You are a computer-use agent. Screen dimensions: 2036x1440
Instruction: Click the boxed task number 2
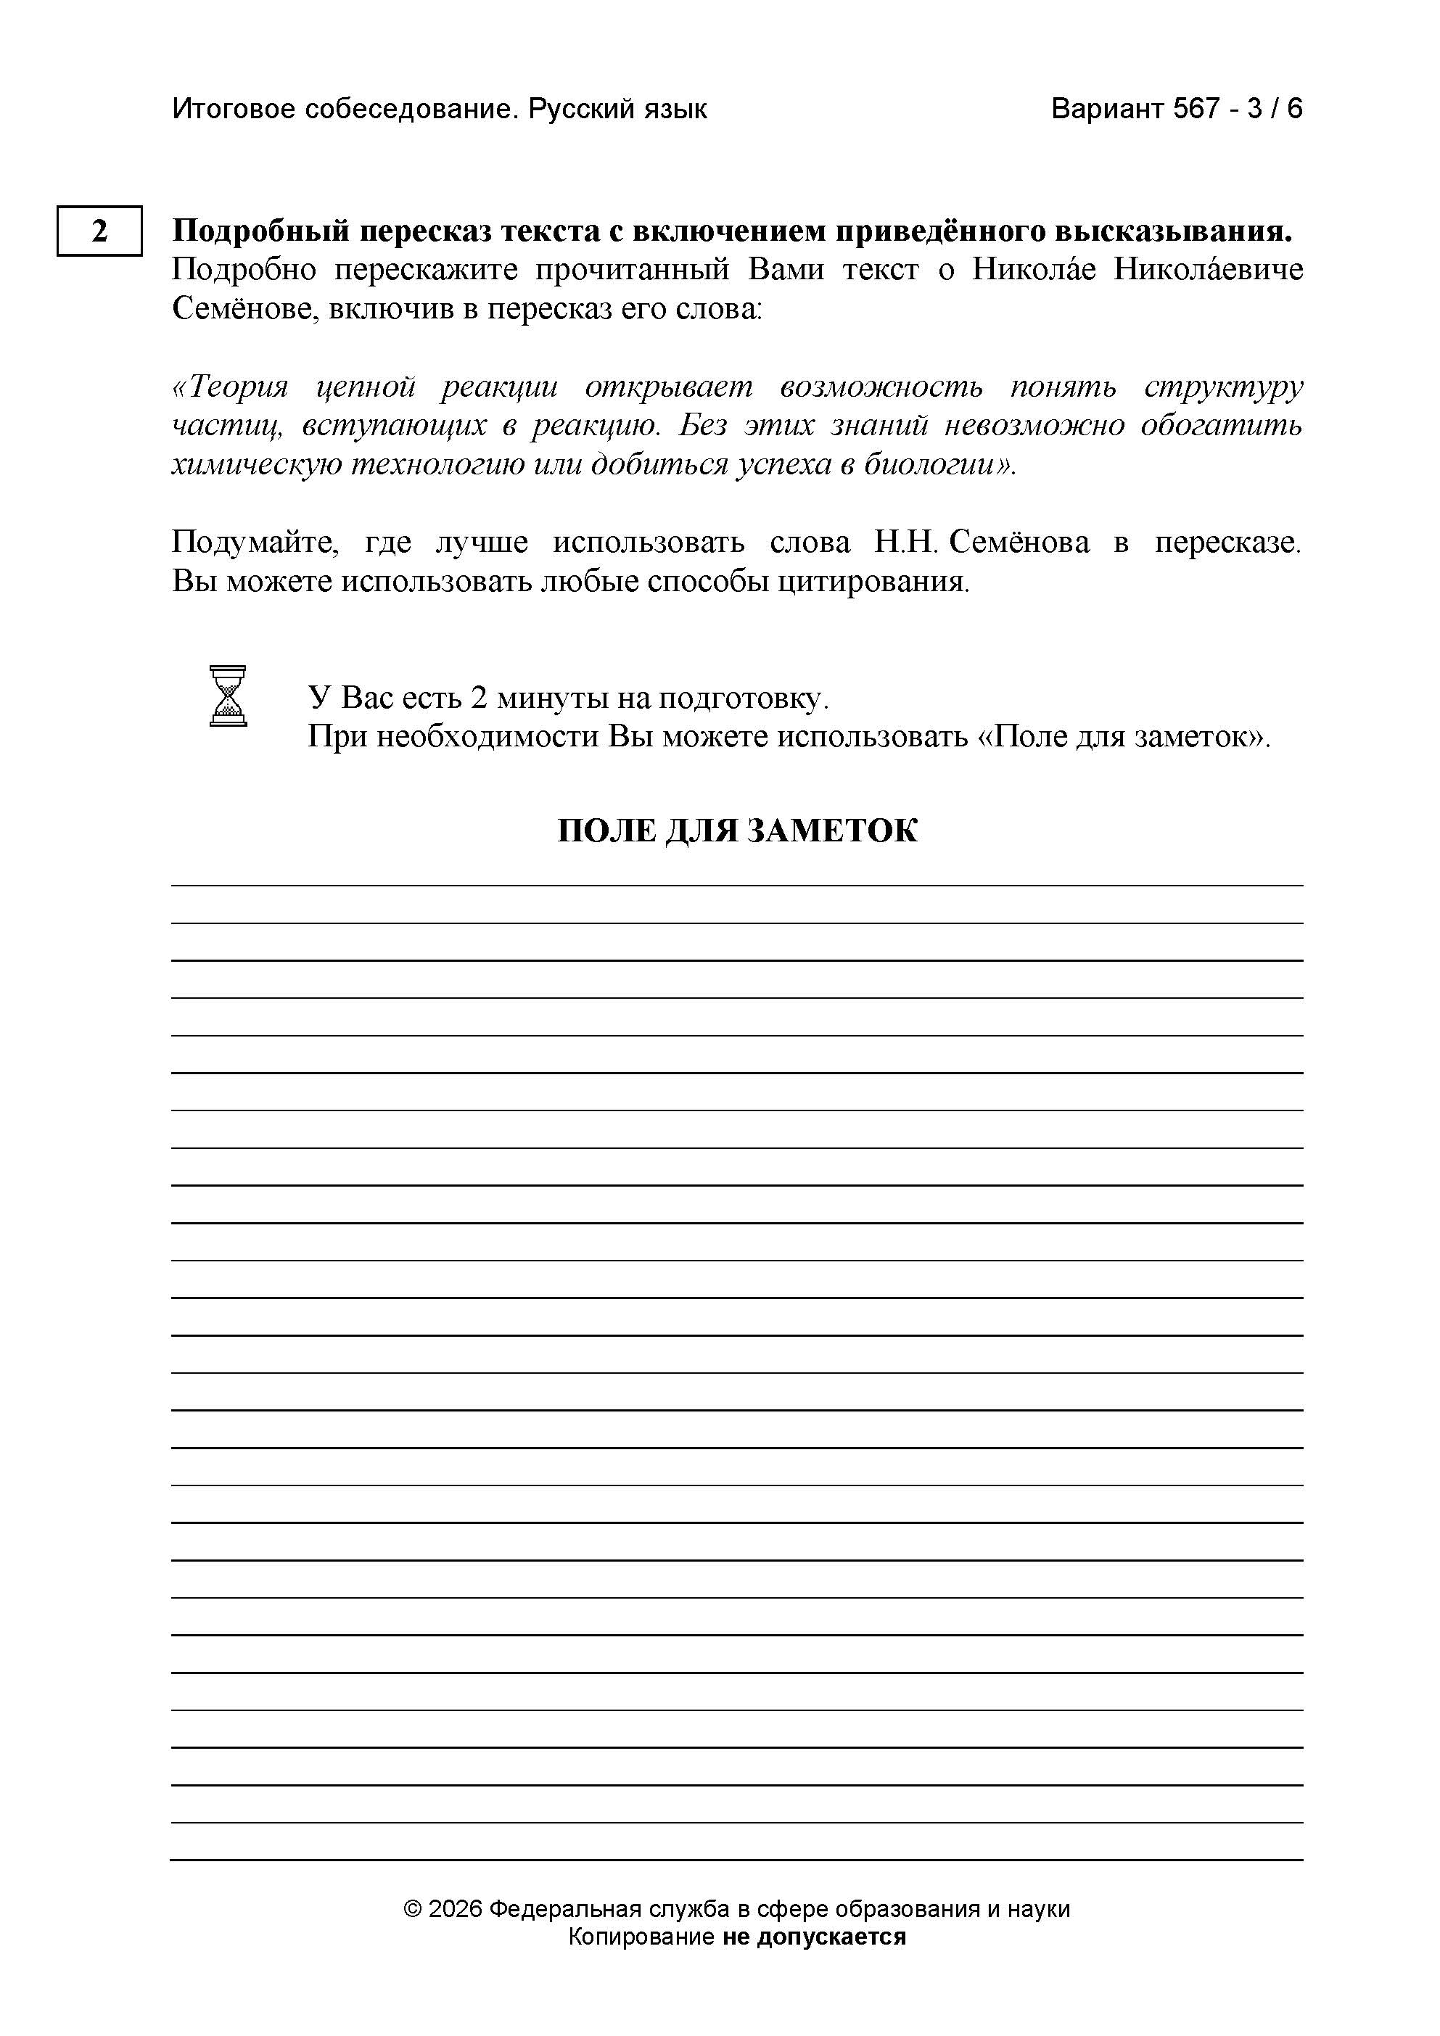coord(99,231)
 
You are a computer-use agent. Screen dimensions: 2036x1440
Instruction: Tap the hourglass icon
coord(228,696)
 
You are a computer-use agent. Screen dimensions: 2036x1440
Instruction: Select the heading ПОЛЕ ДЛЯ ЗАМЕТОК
coord(737,831)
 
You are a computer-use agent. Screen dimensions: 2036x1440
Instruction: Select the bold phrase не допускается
coord(814,1937)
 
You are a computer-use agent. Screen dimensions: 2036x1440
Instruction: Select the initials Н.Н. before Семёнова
coord(905,543)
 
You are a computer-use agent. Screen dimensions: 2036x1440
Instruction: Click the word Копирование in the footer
coord(640,1937)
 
